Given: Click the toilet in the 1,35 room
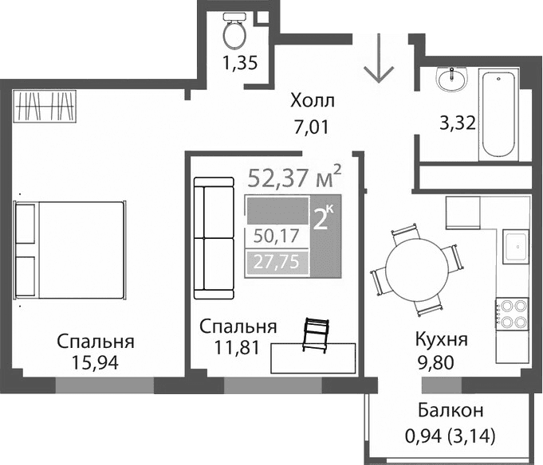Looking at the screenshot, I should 234,33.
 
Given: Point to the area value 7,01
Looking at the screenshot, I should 310,125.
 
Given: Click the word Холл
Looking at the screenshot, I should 313,101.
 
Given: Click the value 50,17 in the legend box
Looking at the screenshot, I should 276,236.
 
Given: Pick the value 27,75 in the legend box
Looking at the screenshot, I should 276,261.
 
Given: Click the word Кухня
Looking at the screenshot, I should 441,340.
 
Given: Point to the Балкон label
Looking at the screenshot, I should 451,411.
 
